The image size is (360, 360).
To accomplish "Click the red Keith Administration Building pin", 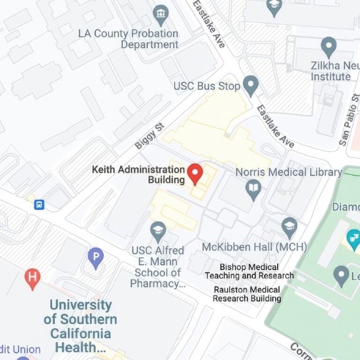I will (196, 172).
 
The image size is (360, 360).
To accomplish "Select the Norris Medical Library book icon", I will (253, 188).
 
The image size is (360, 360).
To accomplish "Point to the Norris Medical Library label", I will (288, 172).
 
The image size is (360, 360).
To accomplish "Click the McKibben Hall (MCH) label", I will (254, 247).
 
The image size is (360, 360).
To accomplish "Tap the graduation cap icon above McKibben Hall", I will (290, 225).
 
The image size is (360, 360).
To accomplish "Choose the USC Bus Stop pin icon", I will (250, 86).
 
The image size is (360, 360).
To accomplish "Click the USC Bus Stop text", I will (207, 87).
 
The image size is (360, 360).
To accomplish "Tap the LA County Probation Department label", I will (128, 39).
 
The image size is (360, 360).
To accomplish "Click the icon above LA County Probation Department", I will (161, 12).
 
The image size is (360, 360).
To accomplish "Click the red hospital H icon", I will (33, 279).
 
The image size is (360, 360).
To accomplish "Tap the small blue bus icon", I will (39, 204).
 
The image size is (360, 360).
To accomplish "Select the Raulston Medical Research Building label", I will (246, 294).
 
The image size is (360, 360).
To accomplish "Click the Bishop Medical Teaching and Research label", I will (249, 271).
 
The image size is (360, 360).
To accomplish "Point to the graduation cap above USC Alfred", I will (157, 231).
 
